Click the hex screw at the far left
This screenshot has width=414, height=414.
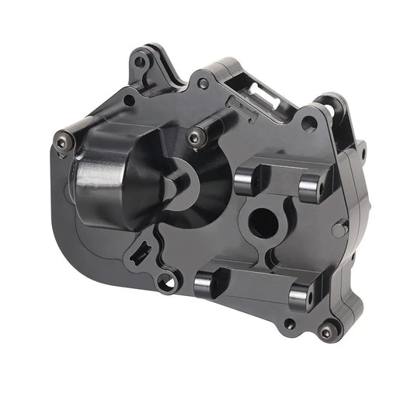click(x=63, y=141)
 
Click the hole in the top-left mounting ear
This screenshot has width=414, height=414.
click(x=140, y=60)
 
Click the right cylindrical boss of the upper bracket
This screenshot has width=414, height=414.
click(x=311, y=186)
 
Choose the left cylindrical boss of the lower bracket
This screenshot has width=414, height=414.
click(x=206, y=284)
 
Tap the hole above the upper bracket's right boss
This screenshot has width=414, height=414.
click(x=308, y=123)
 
